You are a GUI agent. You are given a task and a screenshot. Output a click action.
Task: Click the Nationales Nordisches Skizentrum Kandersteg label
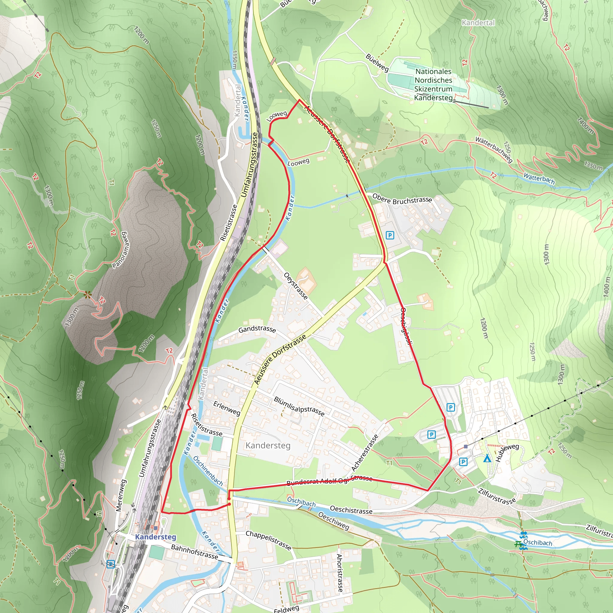click(433, 84)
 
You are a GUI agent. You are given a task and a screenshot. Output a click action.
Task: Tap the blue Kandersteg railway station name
click(155, 537)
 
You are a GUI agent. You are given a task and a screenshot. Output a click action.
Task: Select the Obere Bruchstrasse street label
click(402, 199)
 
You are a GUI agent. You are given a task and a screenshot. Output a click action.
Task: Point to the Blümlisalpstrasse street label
click(299, 406)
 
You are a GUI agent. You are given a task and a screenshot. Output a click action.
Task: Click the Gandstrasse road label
click(257, 329)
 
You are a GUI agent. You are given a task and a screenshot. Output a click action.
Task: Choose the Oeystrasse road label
click(296, 286)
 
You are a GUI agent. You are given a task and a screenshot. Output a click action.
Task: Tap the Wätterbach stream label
click(539, 178)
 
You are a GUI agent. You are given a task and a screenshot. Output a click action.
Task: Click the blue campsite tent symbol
click(487, 458)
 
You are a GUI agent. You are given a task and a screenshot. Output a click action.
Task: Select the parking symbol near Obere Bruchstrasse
click(390, 235)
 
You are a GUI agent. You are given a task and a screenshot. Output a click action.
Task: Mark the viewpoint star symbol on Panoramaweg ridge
click(88, 295)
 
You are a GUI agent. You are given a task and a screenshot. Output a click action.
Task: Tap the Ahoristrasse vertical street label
click(339, 573)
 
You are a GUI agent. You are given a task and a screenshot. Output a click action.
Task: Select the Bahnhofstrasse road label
click(195, 552)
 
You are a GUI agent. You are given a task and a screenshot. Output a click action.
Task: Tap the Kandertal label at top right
click(478, 22)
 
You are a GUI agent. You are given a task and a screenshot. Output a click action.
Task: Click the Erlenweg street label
click(227, 408)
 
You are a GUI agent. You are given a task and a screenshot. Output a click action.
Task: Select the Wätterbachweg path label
click(494, 149)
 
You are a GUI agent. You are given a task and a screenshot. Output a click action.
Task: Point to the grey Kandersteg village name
click(268, 445)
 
